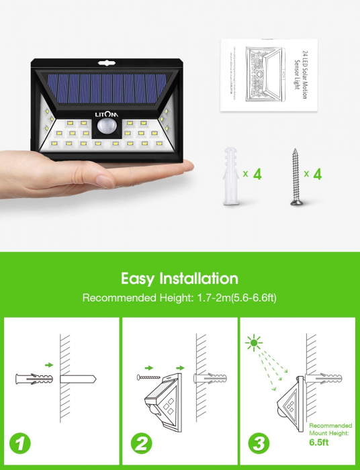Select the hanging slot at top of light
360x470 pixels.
(108, 62)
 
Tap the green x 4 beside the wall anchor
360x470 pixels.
(253, 174)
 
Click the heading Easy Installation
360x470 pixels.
(179, 278)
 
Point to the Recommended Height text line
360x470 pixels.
(179, 297)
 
